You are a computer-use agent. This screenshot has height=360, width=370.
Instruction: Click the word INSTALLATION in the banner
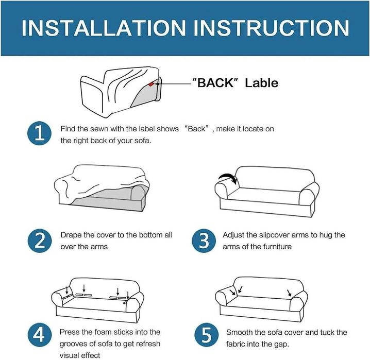(104, 28)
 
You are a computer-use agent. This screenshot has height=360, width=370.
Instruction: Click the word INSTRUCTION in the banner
(272, 28)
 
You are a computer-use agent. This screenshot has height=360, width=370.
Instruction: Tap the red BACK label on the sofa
(151, 84)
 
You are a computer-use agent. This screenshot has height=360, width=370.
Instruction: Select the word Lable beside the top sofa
(261, 83)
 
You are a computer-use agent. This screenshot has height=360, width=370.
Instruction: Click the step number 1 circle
(39, 133)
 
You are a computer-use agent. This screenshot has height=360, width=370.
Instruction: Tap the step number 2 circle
(39, 241)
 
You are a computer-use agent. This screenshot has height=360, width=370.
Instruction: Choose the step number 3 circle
(204, 241)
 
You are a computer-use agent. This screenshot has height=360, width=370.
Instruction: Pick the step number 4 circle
(39, 335)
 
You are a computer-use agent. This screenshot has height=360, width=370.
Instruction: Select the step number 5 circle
(207, 335)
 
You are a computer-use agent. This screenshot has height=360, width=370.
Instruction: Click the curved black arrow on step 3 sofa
(228, 176)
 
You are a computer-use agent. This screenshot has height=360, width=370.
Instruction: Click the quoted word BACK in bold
(213, 83)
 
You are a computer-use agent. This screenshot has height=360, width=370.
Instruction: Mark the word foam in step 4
(102, 332)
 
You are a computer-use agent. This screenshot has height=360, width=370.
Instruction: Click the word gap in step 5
(282, 345)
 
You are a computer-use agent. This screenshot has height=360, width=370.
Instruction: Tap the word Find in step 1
(68, 129)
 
